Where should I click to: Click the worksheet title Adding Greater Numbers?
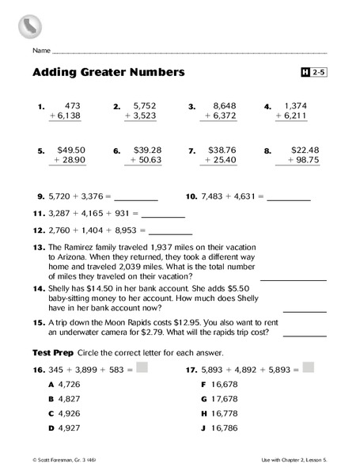click(x=108, y=72)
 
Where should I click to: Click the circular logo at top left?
click(x=29, y=25)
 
